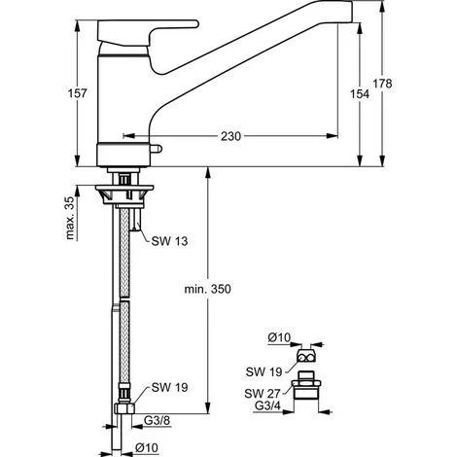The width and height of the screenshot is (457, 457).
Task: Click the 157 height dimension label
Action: (78, 93)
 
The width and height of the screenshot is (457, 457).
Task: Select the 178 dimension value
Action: (382, 84)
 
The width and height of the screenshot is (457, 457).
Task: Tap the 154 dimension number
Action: (360, 94)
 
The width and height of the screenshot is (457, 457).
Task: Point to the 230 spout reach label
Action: (230, 136)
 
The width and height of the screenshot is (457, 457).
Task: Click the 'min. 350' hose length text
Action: (208, 289)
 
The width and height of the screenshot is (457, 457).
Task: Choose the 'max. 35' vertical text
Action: (70, 218)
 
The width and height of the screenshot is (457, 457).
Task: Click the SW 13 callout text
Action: (169, 241)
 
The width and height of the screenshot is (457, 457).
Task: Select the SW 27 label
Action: (263, 394)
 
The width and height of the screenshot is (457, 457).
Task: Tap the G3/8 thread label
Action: (158, 420)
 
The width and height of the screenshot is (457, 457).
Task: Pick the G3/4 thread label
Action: (267, 405)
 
